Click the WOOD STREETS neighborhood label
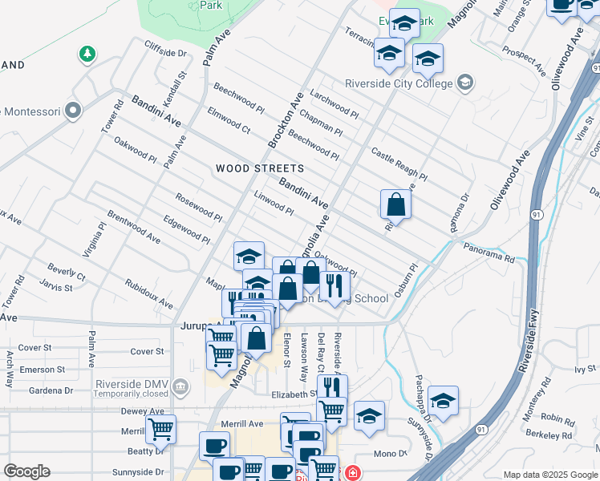(x=260, y=168)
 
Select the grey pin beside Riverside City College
(x=464, y=82)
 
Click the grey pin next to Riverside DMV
(x=180, y=388)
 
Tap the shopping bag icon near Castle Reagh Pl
(x=396, y=204)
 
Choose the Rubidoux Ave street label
(x=149, y=294)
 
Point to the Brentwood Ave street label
(x=133, y=227)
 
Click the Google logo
(x=26, y=471)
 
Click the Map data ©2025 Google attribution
(x=549, y=475)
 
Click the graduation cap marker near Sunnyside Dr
(x=442, y=400)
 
